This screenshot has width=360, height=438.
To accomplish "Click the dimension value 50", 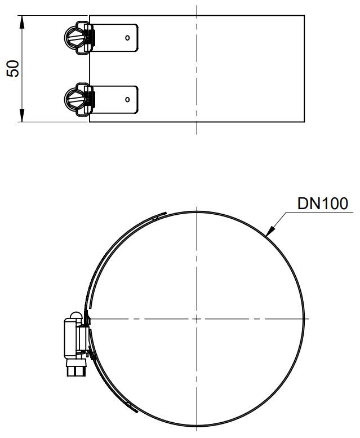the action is tap(13, 69).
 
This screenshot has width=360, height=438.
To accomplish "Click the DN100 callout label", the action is tap(323, 203).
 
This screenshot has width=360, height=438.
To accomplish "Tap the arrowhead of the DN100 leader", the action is tap(270, 231).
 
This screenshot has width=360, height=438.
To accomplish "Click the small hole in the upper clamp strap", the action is tap(127, 38).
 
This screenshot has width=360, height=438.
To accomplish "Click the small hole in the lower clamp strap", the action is tap(127, 99).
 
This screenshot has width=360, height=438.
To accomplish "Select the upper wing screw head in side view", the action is tap(74, 37).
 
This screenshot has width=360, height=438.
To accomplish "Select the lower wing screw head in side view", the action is tap(74, 99).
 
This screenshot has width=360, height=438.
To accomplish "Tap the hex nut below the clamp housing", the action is tap(76, 368).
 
